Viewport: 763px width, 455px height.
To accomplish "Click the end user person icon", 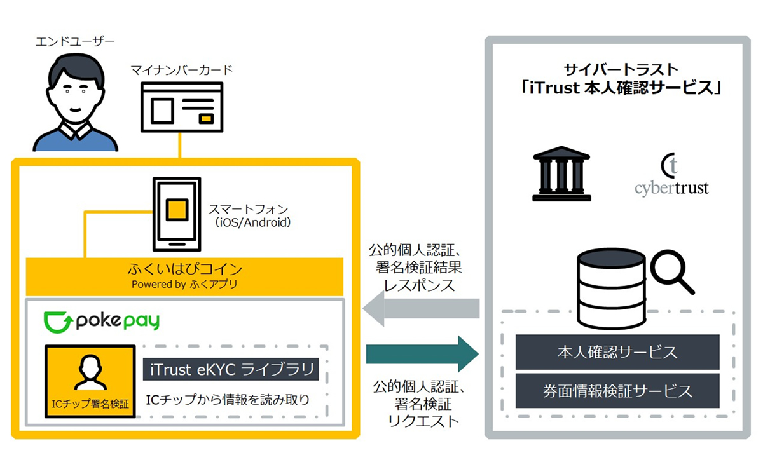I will [x=74, y=102].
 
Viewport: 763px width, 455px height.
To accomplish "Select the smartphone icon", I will [x=176, y=215].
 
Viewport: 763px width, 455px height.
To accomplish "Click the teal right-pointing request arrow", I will [x=422, y=353].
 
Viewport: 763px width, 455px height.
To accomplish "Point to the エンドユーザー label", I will [x=75, y=43].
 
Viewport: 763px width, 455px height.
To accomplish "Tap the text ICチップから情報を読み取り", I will [x=228, y=400].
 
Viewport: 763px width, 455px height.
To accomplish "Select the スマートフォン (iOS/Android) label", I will [x=249, y=215].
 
